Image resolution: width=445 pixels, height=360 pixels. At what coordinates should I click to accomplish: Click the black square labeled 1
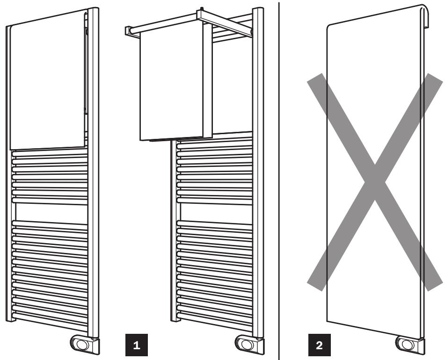pos(136,346)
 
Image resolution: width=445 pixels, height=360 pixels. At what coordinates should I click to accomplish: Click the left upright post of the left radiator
pos(8,187)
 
